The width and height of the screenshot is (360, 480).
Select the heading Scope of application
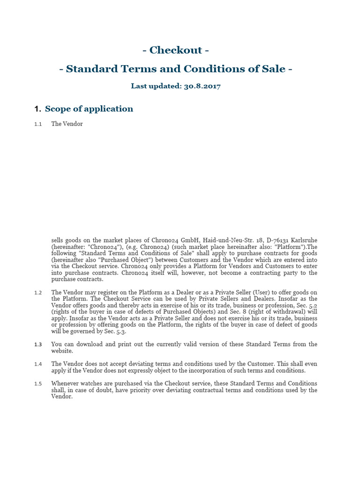point(89,109)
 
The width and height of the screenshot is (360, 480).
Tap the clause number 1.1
point(38,124)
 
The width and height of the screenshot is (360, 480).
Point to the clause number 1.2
point(38,292)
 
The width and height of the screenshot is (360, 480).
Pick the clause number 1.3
point(38,344)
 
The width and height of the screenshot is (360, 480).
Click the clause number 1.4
point(38,364)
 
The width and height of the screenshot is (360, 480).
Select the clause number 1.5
point(38,383)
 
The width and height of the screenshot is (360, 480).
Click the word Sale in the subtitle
point(271,69)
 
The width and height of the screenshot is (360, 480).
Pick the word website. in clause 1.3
point(62,351)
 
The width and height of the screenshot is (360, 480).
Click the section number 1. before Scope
point(38,109)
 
